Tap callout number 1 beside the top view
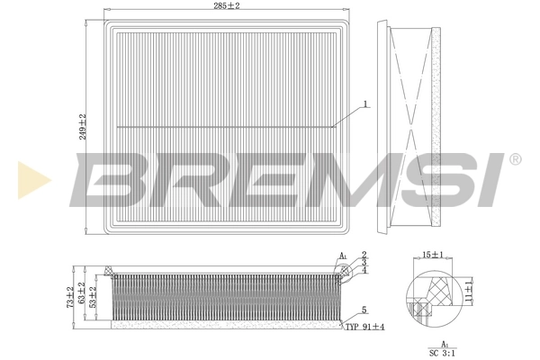366,104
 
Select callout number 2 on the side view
364,255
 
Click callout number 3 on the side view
364,262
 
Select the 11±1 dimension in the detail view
469,289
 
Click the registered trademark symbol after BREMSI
515,159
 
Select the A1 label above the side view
343,256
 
